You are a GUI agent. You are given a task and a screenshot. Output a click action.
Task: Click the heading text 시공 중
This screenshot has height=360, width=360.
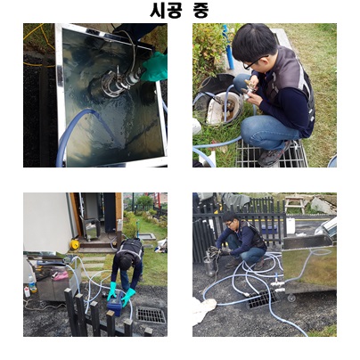click(x=179, y=11)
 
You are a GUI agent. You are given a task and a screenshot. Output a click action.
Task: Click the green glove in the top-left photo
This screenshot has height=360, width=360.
click(x=155, y=68)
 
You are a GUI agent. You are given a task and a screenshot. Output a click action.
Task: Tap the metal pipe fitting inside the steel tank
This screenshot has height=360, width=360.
click(x=119, y=80)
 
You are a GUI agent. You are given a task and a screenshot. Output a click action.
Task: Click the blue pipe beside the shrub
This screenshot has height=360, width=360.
click(x=229, y=47)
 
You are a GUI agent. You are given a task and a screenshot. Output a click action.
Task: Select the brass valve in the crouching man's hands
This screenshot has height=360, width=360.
click(x=250, y=88)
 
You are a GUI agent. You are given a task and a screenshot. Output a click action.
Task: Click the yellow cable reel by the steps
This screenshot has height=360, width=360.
click(x=75, y=244)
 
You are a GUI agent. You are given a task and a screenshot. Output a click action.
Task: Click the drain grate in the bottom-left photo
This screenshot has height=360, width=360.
click(x=151, y=315)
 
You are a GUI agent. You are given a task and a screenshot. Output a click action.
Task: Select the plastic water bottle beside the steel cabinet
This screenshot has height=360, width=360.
click(x=32, y=284)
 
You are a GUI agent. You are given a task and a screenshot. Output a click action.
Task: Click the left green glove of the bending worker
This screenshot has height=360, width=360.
click(x=112, y=291)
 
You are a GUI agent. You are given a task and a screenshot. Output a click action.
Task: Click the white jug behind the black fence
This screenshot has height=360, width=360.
click(x=290, y=226)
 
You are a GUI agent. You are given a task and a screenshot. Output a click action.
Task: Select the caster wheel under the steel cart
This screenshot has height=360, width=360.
click(x=291, y=298)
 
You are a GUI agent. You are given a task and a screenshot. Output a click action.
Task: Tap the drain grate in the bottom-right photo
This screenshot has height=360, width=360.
click(x=264, y=300)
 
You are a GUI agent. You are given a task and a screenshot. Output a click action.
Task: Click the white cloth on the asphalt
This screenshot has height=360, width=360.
click(x=204, y=308)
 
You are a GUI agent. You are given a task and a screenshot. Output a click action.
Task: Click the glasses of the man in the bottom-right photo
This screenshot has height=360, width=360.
click(x=230, y=224)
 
